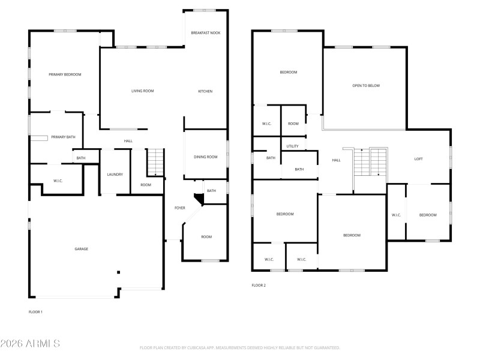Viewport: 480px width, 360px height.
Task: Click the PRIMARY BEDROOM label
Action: [65, 74]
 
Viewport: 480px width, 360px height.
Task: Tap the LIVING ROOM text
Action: [143, 91]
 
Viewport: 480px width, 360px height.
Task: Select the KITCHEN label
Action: [205, 91]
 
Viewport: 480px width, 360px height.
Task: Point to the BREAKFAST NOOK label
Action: [206, 32]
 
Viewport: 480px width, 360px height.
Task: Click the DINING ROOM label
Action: [205, 157]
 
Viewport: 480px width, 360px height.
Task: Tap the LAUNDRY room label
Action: [115, 175]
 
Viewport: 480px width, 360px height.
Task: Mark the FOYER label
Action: [180, 208]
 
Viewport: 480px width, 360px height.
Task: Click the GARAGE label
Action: [81, 249]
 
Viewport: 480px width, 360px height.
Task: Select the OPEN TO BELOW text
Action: [366, 86]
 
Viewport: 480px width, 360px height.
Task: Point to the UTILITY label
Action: [292, 146]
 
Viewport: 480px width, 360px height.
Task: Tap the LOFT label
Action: [419, 159]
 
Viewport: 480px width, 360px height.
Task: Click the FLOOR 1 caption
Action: [35, 312]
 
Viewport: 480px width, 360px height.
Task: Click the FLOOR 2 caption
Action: [259, 286]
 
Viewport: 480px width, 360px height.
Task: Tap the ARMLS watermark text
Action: [30, 344]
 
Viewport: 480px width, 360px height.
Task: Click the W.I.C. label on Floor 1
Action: [58, 181]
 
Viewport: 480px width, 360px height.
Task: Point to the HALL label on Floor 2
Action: [337, 160]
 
